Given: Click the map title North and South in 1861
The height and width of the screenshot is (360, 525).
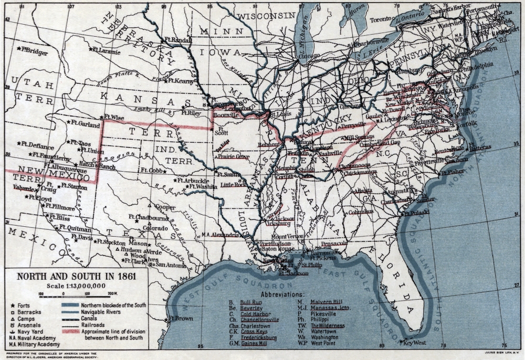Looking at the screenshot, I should (x=76, y=276).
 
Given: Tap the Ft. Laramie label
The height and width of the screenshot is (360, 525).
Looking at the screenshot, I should (x=108, y=51).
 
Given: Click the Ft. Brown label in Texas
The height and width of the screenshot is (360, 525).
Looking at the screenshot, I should (x=180, y=319).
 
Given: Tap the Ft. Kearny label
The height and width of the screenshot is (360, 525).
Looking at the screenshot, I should (x=181, y=81).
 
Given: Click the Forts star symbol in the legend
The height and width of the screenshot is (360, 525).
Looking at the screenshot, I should (x=12, y=305).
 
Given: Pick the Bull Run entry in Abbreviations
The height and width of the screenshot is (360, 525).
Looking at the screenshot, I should (x=248, y=303).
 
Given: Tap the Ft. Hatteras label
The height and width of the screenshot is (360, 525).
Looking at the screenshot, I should (x=479, y=149).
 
